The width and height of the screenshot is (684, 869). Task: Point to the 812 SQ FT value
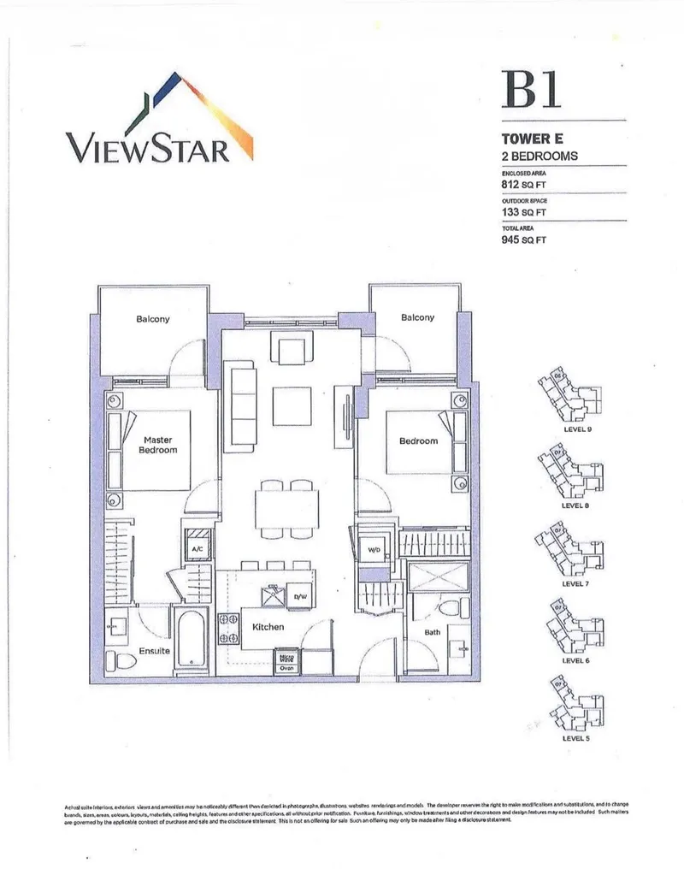click(x=523, y=182)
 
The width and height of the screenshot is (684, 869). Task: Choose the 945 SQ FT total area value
click(x=523, y=240)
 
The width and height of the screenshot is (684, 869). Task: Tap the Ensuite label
click(x=155, y=651)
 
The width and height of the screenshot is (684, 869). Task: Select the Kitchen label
click(x=268, y=627)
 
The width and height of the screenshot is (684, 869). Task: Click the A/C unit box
click(x=197, y=547)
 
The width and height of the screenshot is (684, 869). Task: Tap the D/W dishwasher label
click(x=300, y=596)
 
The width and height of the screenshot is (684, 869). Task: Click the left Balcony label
click(x=152, y=319)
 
